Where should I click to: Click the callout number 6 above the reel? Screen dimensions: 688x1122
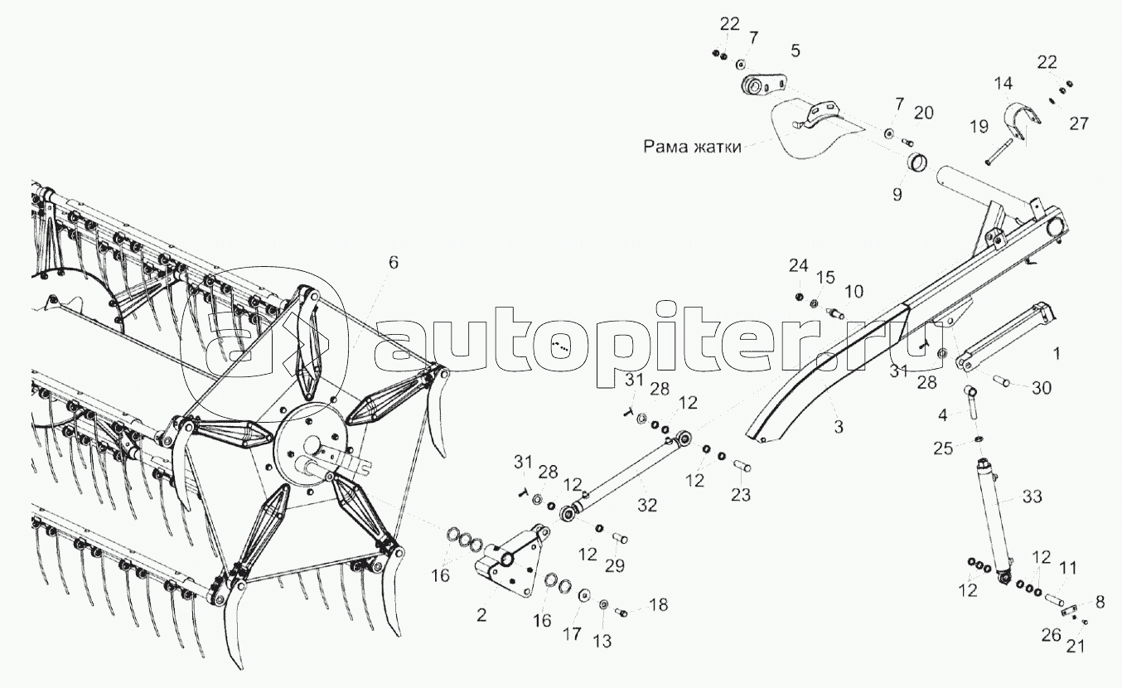[393, 263]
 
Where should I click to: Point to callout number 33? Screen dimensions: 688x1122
[1032, 497]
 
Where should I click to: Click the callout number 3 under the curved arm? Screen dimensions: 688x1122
[838, 427]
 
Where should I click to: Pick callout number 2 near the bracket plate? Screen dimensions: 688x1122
[482, 615]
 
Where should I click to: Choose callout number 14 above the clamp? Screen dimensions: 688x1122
[1004, 83]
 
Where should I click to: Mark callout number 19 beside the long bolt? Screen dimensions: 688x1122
[979, 126]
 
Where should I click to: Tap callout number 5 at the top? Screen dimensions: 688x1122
[796, 51]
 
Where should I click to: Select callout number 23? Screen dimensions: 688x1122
[740, 495]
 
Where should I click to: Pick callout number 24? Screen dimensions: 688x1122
[797, 265]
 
